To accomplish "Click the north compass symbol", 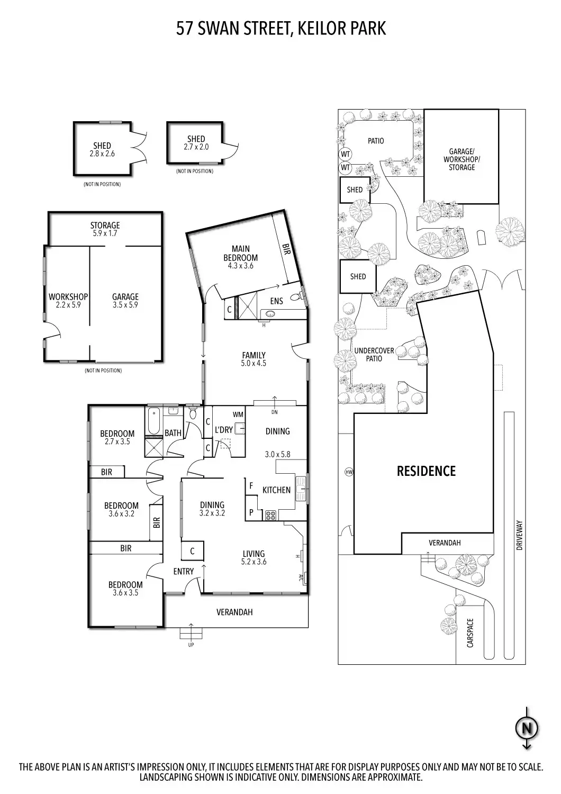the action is tap(527, 728).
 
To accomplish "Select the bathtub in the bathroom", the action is tap(153, 421).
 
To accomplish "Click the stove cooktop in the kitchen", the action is tap(270, 515).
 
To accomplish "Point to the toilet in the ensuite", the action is tap(296, 296).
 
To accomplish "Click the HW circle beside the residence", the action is tap(349, 472).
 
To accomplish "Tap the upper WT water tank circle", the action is tap(345, 155).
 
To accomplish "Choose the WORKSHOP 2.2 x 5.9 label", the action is tap(68, 301).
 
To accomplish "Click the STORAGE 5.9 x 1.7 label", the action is tap(105, 229).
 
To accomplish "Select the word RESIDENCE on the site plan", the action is tap(426, 471).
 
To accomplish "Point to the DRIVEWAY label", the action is tap(520, 535).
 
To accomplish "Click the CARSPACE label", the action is tap(470, 633).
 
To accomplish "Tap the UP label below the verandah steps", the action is tap(191, 645).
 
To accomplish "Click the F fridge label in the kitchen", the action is tap(251, 485).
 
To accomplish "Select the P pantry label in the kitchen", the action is tap(251, 512).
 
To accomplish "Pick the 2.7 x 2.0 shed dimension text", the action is tap(196, 147).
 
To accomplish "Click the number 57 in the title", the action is tap(185, 29).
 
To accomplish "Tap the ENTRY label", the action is tap(184, 571).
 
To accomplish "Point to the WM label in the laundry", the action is tap(238, 414).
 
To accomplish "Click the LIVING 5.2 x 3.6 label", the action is tap(254, 557).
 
